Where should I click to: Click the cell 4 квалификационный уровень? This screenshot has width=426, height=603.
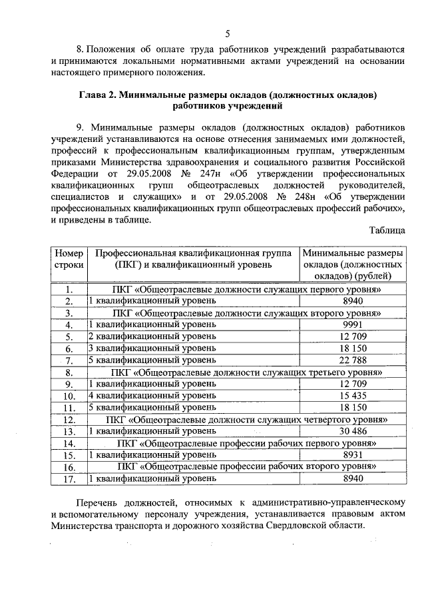[x=153, y=396]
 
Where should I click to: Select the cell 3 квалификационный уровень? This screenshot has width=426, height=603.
[x=153, y=348]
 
